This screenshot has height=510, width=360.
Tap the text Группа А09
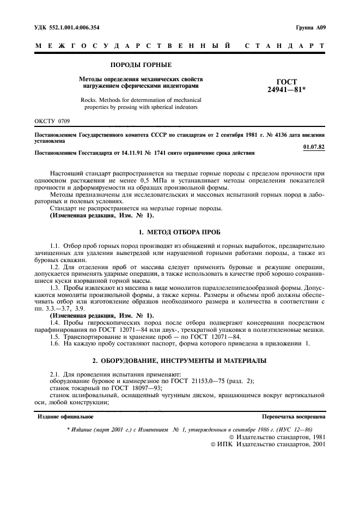310,27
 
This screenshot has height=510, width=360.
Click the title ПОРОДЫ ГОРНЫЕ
141,65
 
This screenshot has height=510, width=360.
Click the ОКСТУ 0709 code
52,120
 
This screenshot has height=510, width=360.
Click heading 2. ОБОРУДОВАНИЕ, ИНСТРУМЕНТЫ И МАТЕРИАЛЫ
180,362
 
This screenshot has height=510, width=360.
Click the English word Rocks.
90,100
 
